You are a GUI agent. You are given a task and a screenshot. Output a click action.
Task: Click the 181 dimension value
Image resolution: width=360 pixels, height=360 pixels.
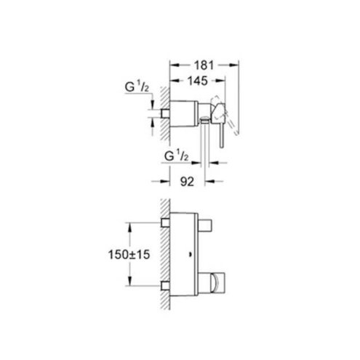[204, 65]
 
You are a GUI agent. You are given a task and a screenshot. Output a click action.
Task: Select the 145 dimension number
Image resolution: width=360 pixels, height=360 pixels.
[198, 81]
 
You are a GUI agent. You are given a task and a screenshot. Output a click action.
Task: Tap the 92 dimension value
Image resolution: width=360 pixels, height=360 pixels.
[187, 181]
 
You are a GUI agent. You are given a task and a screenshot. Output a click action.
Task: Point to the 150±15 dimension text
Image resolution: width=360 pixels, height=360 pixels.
[129, 255]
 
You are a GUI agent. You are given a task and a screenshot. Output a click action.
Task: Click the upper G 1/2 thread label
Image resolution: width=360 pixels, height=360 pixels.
[137, 87]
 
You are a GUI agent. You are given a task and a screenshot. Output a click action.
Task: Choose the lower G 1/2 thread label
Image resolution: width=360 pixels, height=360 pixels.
[176, 156]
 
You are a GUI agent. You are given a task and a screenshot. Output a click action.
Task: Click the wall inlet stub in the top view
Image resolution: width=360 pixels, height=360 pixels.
[165, 113]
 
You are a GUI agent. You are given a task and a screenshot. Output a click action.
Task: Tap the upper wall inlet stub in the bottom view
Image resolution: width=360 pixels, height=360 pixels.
[165, 223]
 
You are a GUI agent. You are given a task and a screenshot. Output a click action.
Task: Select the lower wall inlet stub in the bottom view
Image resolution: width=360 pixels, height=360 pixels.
[165, 286]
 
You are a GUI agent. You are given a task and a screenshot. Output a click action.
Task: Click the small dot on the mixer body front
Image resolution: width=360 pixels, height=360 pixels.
[190, 255]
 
